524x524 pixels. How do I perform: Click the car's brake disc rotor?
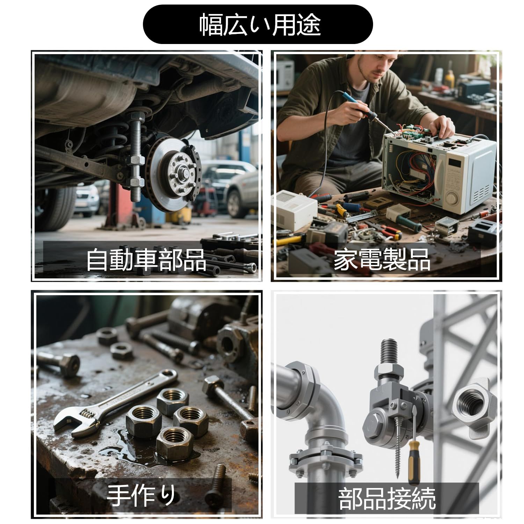pos(173,173)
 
